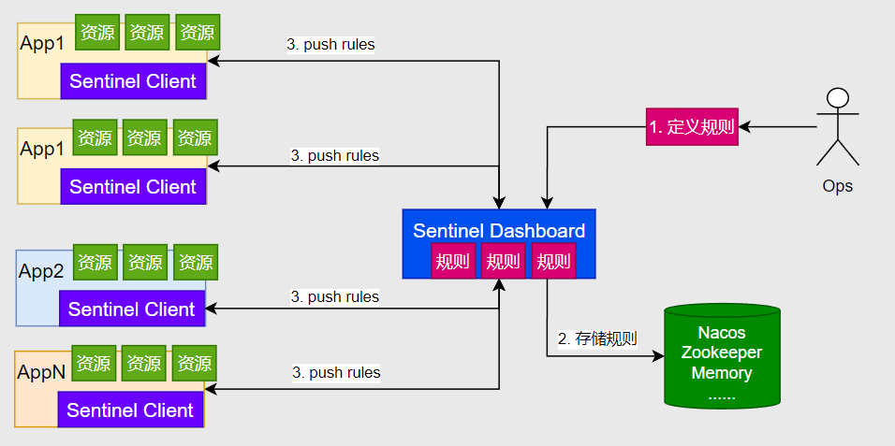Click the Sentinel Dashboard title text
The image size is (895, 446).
coord(499,231)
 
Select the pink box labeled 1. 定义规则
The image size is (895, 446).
coord(692,127)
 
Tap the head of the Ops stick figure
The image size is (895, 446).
coord(837,98)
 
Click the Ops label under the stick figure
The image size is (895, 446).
coord(837,186)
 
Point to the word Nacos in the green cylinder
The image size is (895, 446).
coord(722,333)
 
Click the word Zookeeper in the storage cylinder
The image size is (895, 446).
coord(722,352)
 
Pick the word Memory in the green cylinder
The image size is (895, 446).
coord(722,373)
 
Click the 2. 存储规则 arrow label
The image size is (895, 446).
coord(597,338)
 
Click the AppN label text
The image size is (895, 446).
coord(41,371)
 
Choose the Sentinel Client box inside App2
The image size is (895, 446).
coord(132,309)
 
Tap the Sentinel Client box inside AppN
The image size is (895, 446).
coord(130,410)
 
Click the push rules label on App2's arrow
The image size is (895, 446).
coord(335,297)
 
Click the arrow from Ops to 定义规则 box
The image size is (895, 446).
coord(777,127)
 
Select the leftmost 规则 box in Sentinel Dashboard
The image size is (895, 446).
coord(453,261)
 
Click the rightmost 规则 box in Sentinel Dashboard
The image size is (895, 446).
coord(553,261)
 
